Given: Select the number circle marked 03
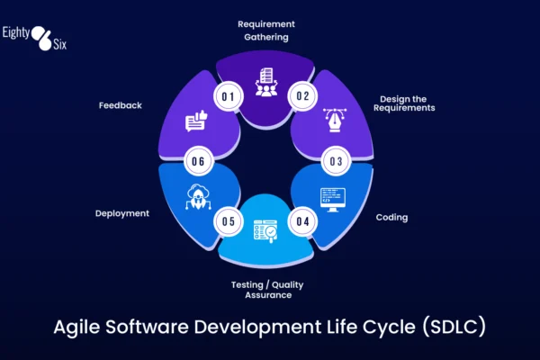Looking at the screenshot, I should pos(336,162).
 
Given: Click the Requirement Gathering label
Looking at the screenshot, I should pos(265,30).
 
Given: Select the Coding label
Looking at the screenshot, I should pos(392,217).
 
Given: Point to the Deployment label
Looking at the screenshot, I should pos(122,213).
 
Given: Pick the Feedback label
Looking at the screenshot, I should pos(121,105).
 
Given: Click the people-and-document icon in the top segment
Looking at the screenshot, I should pos(266,82).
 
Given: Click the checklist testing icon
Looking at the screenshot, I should pos(267,231).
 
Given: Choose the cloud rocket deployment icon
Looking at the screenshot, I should pos(197,197).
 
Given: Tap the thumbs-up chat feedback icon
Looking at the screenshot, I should pos(198,120).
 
